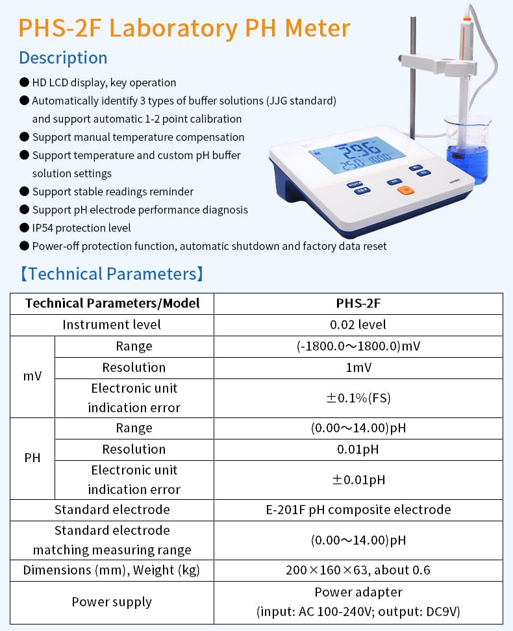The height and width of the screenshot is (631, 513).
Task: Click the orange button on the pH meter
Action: tap(405, 190)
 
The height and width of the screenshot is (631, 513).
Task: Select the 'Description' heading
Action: tap(63, 58)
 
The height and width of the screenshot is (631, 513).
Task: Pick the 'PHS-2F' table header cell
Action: tap(358, 303)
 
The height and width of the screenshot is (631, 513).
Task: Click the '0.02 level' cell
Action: tap(358, 325)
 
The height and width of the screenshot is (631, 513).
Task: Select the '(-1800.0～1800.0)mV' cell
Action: tap(358, 346)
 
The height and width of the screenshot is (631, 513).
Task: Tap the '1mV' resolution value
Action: tap(358, 367)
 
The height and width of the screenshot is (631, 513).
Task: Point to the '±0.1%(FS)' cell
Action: tap(358, 397)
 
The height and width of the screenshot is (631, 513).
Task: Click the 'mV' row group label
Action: tap(32, 377)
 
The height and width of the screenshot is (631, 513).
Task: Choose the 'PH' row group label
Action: tap(32, 458)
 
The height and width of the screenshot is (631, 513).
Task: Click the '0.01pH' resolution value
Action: tap(358, 449)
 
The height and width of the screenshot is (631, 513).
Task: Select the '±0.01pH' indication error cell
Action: tap(358, 480)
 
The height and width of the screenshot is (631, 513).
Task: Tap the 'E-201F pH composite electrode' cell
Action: tap(358, 510)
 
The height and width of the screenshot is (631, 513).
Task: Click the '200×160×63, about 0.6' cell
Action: tap(358, 570)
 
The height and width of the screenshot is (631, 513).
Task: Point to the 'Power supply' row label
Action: tap(112, 602)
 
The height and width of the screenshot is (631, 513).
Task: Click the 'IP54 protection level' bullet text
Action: tap(81, 228)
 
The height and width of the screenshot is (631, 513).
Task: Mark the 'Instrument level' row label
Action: tap(112, 325)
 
